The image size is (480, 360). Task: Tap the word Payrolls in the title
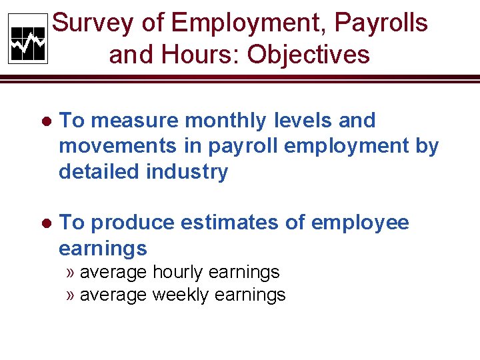(x=381, y=23)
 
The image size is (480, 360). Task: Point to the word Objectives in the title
(x=309, y=55)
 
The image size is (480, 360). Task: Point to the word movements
(x=109, y=147)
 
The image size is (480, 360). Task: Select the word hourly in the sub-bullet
(x=178, y=273)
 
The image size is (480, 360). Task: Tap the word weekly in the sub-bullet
(x=181, y=295)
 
